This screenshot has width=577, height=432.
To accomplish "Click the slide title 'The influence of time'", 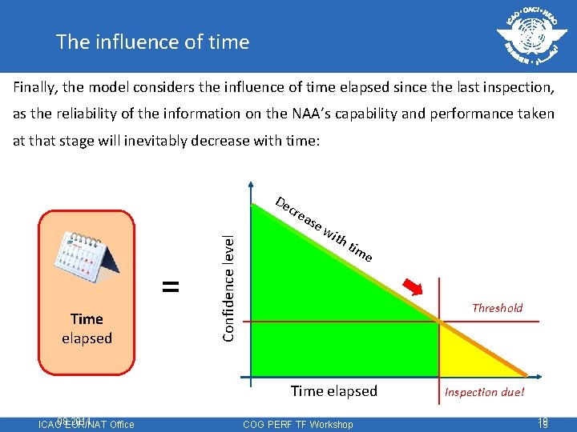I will point(152,42).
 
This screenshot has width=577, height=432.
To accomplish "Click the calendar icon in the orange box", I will point(86,261).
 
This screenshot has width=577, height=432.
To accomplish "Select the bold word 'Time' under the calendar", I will point(87,318).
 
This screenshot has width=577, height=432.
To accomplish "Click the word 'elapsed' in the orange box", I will point(87,338).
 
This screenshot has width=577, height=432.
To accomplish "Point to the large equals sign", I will point(170,286).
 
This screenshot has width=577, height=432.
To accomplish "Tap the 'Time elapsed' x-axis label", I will point(333,391).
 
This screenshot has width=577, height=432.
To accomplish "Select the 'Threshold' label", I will point(497,308).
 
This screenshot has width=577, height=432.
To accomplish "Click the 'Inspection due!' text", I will point(485,392).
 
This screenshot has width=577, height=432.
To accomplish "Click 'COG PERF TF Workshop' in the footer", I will point(297,424).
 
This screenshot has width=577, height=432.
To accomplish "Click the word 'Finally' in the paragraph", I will point(34,86).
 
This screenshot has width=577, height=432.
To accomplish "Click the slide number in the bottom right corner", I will point(543,423).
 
